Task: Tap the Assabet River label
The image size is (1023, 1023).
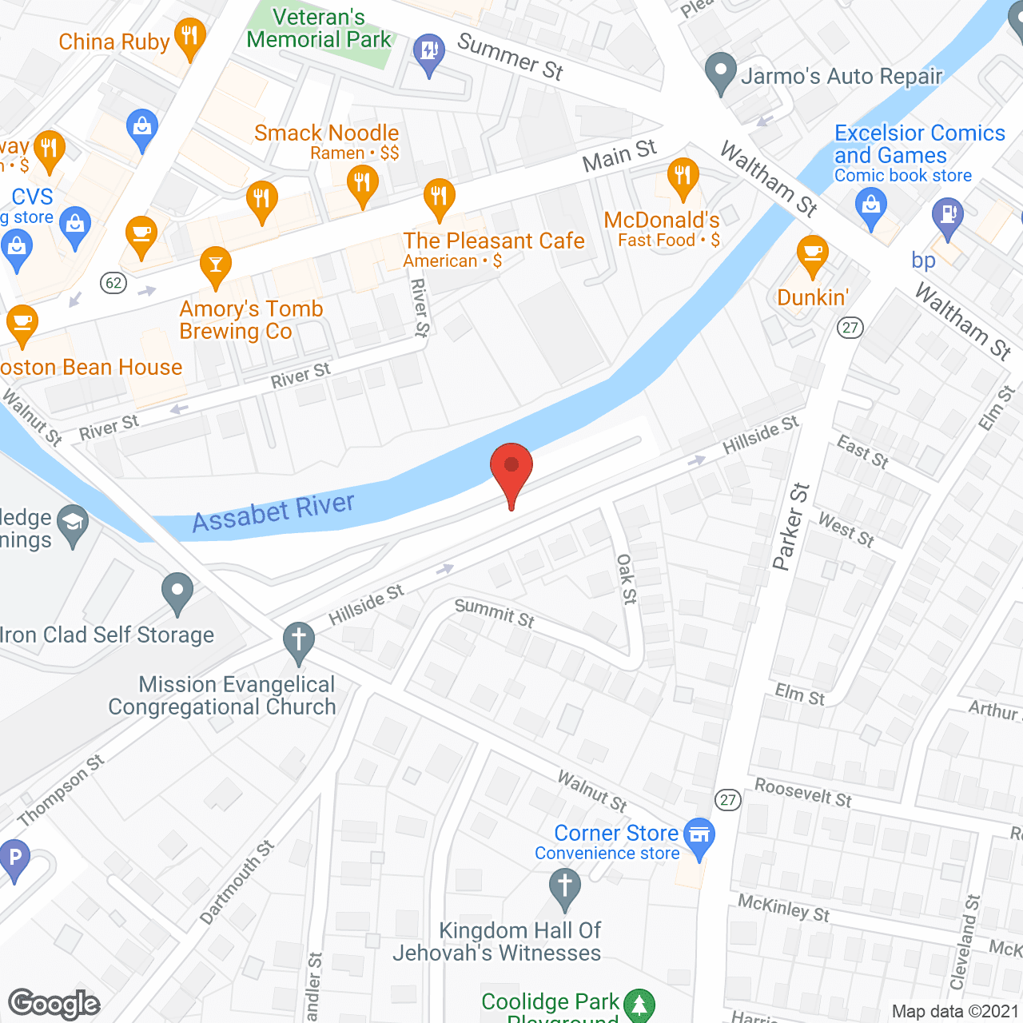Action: coord(273,512)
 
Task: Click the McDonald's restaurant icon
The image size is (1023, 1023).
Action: coord(683,177)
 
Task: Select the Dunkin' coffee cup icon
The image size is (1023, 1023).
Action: coord(812,255)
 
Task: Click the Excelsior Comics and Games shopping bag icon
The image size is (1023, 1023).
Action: coord(871,207)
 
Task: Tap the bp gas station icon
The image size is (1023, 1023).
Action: coord(948,217)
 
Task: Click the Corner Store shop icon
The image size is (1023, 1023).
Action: coord(700,836)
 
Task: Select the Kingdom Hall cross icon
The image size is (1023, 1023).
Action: coord(565,887)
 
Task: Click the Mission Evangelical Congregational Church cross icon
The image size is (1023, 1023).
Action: coord(299,641)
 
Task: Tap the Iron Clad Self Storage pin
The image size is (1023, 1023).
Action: coord(177,592)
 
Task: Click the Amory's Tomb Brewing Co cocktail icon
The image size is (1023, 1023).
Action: coord(216,265)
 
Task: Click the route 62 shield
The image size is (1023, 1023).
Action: coord(114,283)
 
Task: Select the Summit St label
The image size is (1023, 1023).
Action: coord(494,613)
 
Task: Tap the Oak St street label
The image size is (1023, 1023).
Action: coord(627,579)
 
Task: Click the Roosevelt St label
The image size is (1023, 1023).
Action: coord(803,793)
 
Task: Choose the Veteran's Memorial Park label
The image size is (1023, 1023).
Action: coord(319,28)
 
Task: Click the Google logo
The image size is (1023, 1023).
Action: coord(54,1004)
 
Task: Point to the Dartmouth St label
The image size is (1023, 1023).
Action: coord(237,882)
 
